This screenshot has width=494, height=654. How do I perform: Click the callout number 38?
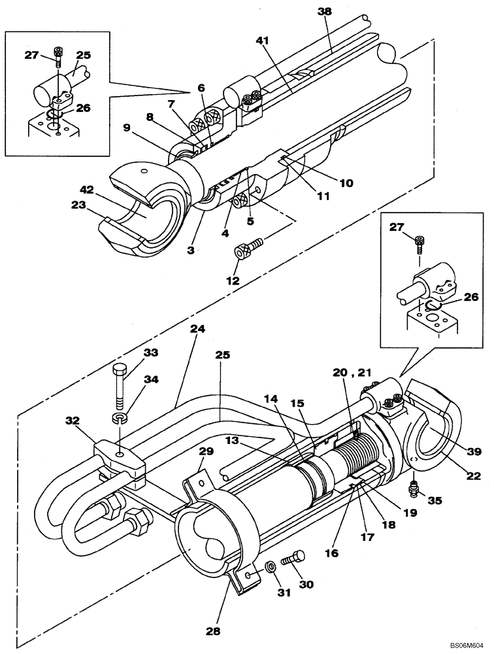pyautogui.click(x=325, y=12)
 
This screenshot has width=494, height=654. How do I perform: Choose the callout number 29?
pyautogui.click(x=206, y=452)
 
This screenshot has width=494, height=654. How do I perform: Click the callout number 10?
pyautogui.click(x=345, y=184)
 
